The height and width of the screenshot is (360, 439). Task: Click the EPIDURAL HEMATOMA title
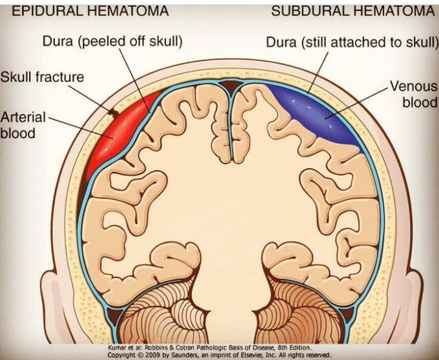[90, 10]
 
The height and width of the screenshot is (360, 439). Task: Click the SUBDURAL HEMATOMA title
[353, 10]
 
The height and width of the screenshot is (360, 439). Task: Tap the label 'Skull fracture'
[42, 77]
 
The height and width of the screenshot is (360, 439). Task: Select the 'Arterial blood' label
[23, 125]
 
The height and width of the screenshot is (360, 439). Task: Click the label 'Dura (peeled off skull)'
[112, 41]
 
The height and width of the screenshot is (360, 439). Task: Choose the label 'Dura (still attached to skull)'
[352, 42]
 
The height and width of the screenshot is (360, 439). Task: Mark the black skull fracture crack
[113, 112]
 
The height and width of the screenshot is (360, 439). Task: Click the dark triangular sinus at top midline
[230, 85]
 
